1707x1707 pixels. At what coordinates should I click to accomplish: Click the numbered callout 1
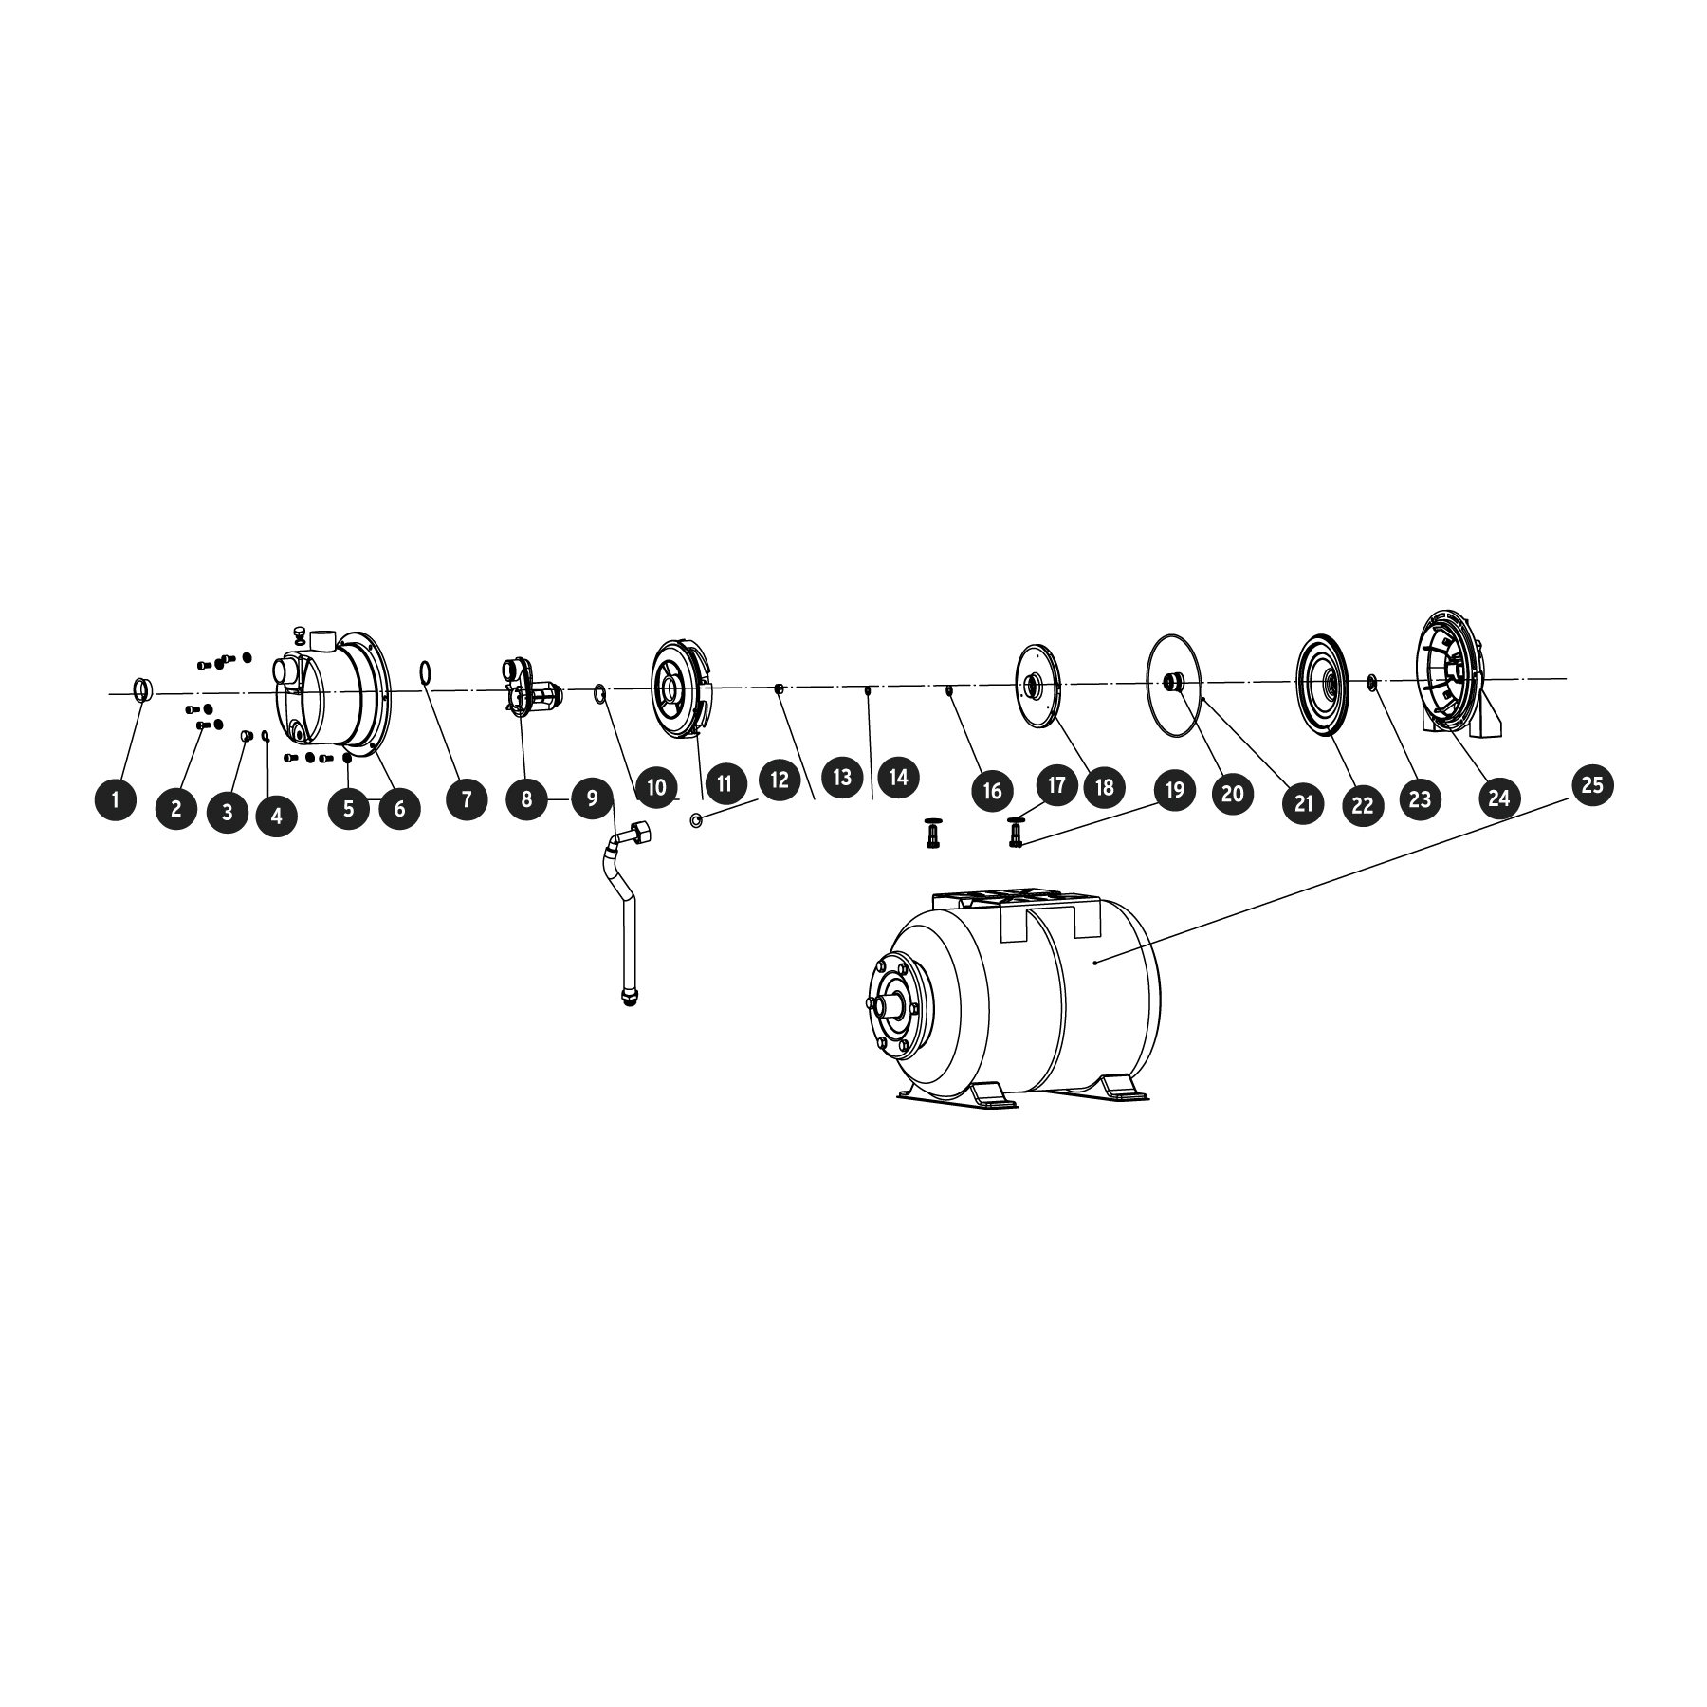pyautogui.click(x=116, y=799)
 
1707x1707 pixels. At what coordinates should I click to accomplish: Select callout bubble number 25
pyautogui.click(x=1592, y=785)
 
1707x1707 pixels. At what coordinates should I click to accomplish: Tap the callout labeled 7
pyautogui.click(x=466, y=799)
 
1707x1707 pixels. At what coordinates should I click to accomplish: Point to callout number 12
pyautogui.click(x=779, y=780)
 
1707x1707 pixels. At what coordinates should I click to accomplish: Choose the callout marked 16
pyautogui.click(x=992, y=791)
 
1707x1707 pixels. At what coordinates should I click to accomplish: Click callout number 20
pyautogui.click(x=1232, y=792)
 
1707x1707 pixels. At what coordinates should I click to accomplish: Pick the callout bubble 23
pyautogui.click(x=1419, y=798)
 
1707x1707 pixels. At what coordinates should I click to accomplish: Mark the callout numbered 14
pyautogui.click(x=898, y=778)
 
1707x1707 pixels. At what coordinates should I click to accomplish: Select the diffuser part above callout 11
pyautogui.click(x=679, y=689)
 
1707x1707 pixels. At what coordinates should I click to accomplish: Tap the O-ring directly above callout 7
pyautogui.click(x=427, y=673)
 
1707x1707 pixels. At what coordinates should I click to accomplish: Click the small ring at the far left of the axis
pyautogui.click(x=141, y=688)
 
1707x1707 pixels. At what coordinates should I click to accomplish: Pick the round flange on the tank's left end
pyautogui.click(x=893, y=1005)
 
